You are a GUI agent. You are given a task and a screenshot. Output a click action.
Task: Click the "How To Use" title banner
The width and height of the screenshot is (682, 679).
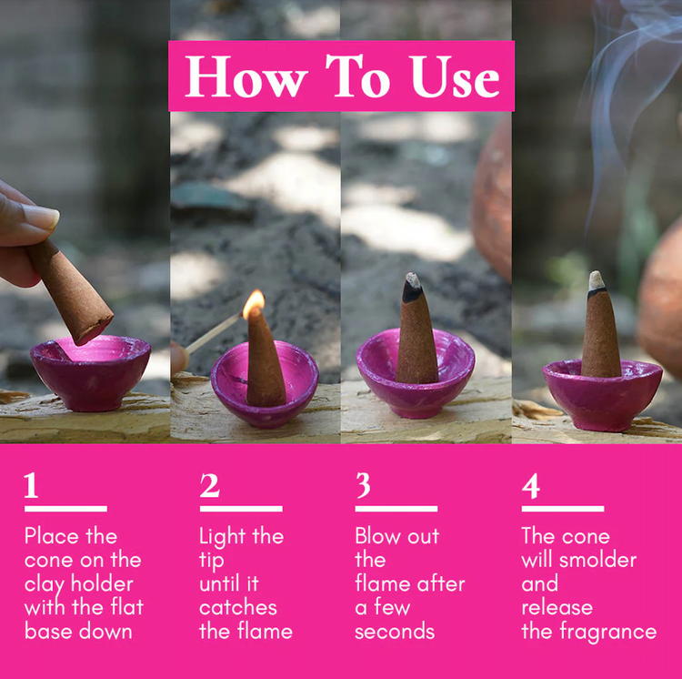coord(341,76)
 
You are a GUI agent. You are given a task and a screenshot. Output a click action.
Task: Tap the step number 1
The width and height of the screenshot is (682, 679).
coord(32,486)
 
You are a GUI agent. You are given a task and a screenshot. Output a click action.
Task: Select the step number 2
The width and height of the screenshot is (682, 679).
coord(209,486)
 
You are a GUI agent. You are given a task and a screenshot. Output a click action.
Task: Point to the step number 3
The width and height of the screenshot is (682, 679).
coord(363,486)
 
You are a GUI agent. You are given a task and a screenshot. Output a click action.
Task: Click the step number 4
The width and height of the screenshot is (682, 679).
coord(530,486)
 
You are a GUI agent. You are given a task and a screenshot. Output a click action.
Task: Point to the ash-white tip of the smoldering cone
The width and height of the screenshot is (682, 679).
coord(597,280)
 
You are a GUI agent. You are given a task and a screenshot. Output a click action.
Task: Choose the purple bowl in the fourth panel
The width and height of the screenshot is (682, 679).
coord(602,393)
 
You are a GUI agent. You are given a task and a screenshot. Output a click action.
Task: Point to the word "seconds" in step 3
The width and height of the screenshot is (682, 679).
coord(395,631)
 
